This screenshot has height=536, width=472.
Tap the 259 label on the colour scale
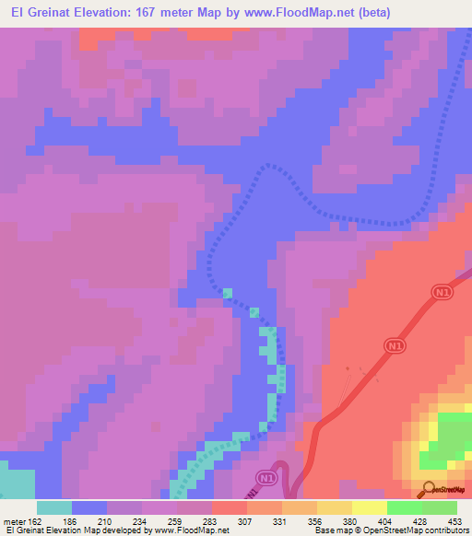point(194,521)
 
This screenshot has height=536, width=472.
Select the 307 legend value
point(265,521)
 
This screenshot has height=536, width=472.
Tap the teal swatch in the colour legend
point(54,507)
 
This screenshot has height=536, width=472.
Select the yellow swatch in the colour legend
point(370,507)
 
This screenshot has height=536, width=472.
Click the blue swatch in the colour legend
point(89,507)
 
